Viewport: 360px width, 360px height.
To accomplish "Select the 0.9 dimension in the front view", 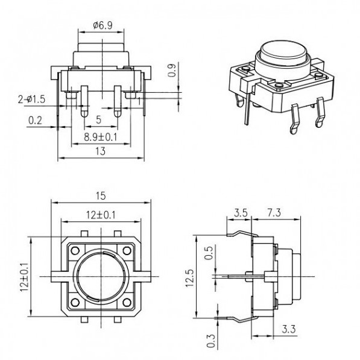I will tap(172, 71).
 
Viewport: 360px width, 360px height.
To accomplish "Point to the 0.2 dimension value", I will tap(35, 120).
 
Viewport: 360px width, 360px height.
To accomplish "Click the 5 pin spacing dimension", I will tap(98, 119).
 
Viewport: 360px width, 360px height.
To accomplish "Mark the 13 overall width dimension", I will tap(101, 152).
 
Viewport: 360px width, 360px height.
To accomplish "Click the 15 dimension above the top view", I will tap(101, 194).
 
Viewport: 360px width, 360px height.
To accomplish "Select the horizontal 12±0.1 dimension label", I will tap(101, 214).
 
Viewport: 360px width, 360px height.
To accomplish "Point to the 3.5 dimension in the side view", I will tap(239, 213).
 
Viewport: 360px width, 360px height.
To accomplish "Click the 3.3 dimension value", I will tap(288, 330).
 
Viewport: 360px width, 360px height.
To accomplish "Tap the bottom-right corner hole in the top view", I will tap(127, 302).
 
